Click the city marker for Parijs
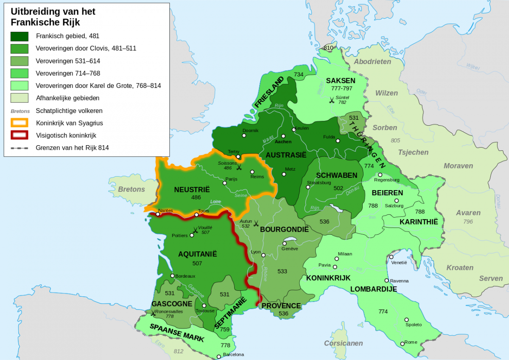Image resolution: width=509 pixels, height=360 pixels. tap(225, 183)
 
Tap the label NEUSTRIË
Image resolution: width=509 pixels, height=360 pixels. tap(192, 190)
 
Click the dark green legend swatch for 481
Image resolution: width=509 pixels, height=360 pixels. tap(20, 36)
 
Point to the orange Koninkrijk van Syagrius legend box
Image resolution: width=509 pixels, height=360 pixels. tap(20, 123)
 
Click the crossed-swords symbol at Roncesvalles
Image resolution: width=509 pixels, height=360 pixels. tap(153, 313)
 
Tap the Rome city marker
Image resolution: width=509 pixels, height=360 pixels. tap(402, 343)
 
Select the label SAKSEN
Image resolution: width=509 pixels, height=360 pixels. tap(341, 81)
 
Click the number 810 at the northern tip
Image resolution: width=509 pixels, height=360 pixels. tap(328, 48)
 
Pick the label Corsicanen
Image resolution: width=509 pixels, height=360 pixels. tap(344, 343)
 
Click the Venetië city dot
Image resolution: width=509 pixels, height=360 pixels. tap(391, 257)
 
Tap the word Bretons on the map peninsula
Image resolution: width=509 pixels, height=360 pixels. tap(131, 189)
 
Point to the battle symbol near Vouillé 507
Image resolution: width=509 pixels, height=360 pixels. tap(196, 231)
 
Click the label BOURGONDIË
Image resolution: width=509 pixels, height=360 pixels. tap(284, 229)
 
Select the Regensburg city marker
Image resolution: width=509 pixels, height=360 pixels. tap(380, 174)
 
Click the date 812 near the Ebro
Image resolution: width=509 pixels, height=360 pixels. tap(179, 351)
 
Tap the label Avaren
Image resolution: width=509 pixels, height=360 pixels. tap(468, 213)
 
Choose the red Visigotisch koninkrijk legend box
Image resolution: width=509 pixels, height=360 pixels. tap(20, 135)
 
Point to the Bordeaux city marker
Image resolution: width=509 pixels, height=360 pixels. tap(172, 276)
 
